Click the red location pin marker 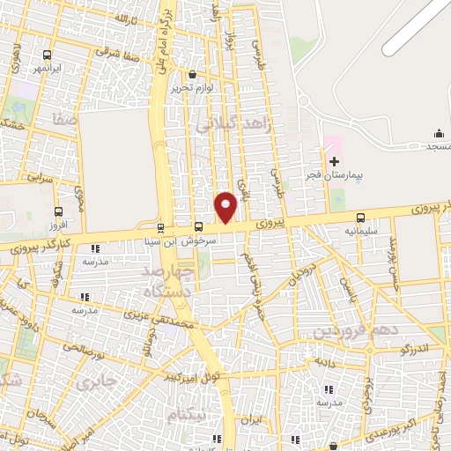225,206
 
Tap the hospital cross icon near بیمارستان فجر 334,160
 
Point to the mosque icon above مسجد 439,133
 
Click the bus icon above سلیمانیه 360,218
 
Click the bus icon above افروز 58,211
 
